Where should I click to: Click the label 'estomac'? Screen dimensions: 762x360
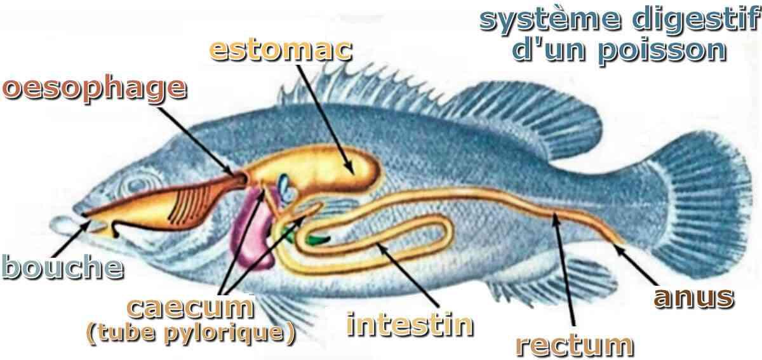click(281, 51)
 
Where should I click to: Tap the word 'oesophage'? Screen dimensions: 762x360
click(94, 88)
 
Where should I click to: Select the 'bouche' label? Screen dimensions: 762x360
click(63, 267)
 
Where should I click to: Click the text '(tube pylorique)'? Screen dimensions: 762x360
click(191, 334)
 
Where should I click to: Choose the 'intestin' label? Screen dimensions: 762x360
click(410, 324)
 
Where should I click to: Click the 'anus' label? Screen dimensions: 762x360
click(694, 298)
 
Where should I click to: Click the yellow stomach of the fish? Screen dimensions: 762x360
click(320, 168)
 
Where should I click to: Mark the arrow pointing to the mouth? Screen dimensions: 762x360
click(70, 239)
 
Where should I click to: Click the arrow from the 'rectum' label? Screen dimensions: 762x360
click(564, 269)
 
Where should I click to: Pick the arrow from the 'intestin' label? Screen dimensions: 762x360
click(408, 274)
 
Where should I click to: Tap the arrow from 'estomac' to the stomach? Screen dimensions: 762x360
click(324, 119)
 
